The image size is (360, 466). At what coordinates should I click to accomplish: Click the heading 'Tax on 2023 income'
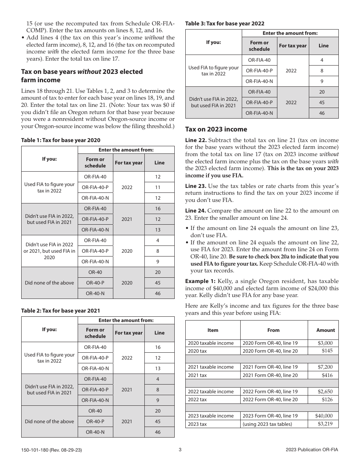point(216,129)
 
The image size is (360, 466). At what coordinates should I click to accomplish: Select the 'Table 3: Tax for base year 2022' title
point(225,23)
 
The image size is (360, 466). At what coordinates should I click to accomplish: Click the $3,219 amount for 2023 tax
point(325,424)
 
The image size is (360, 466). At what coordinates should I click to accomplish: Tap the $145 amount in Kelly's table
point(327,351)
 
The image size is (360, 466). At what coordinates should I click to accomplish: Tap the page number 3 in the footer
point(180,450)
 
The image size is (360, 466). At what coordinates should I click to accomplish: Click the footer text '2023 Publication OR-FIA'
point(312,450)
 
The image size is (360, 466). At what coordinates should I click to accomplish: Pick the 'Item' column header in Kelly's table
point(213,330)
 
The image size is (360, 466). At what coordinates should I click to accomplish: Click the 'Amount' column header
point(326,330)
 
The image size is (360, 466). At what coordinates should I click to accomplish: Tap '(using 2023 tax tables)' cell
point(268,424)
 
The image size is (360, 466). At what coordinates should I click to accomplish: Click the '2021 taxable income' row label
point(211,367)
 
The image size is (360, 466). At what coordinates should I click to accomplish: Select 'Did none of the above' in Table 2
point(50,421)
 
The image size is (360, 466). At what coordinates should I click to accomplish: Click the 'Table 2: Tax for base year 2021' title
point(61,311)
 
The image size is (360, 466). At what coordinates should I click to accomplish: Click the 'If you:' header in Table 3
point(213,42)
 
